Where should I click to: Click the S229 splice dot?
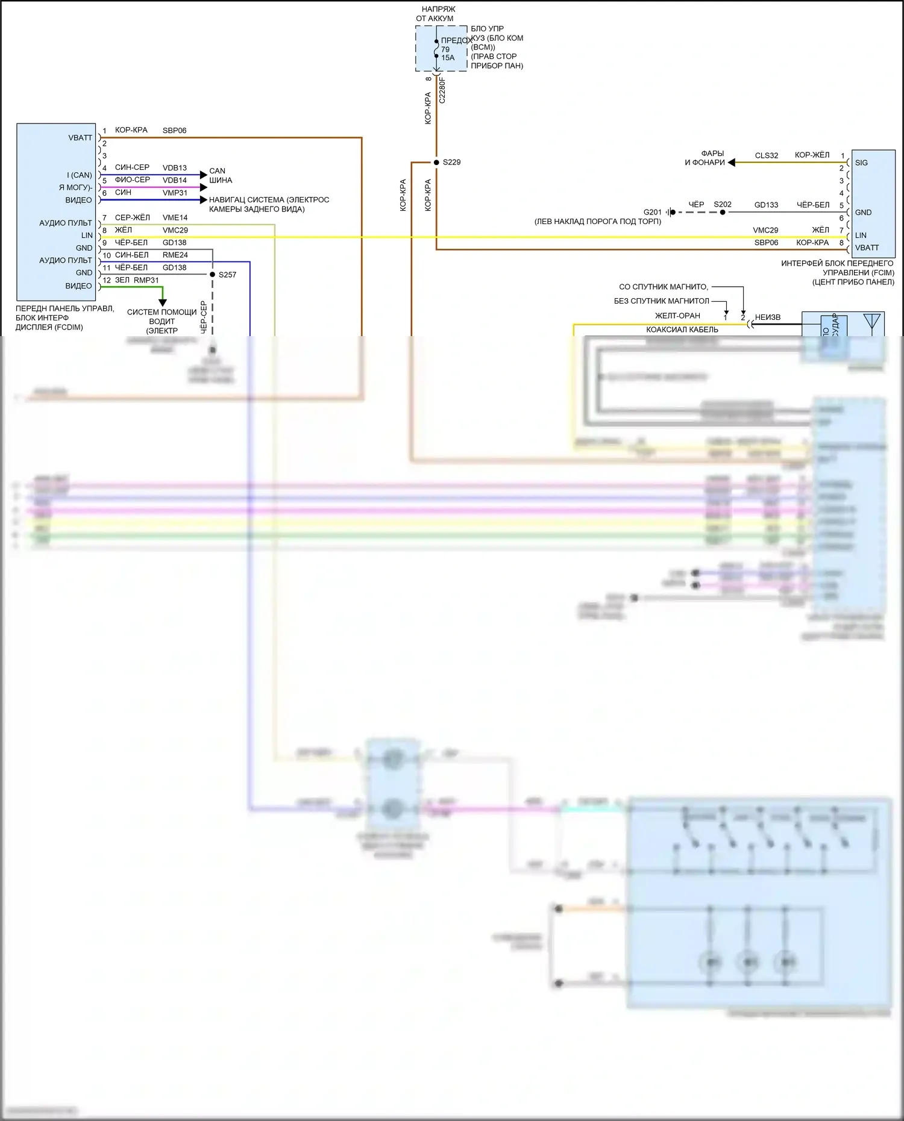coord(436,163)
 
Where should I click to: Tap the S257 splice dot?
coord(212,275)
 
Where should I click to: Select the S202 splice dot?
coord(723,212)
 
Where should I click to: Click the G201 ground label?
coord(652,212)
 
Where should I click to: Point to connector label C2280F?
coord(442,90)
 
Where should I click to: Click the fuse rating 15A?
coord(448,58)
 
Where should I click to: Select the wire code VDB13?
coord(175,168)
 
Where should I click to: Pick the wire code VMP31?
coord(175,193)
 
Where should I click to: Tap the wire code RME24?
coord(175,255)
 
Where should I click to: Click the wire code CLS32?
coord(767,155)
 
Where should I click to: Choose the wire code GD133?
coord(767,205)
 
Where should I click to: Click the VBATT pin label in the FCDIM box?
coord(80,138)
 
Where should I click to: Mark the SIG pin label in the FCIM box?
coord(861,163)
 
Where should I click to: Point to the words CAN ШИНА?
coord(220,175)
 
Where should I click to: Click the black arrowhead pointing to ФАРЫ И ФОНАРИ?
coord(731,163)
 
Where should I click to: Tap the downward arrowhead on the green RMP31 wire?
coord(162,302)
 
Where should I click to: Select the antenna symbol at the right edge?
coord(871,323)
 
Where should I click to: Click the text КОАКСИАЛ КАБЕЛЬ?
coord(682,329)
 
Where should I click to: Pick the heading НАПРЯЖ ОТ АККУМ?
coord(435,14)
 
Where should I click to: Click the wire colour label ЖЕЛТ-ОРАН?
coord(677,316)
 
